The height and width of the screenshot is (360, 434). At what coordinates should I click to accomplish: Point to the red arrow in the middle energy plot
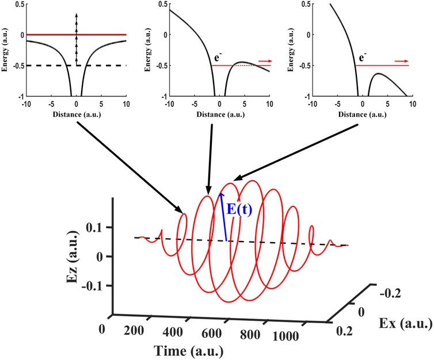[264, 60]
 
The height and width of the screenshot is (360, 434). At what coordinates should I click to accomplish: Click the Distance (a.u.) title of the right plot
[364, 116]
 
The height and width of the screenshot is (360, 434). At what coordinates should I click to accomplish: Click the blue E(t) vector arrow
[223, 216]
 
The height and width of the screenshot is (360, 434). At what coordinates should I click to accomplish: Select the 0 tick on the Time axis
[102, 328]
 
